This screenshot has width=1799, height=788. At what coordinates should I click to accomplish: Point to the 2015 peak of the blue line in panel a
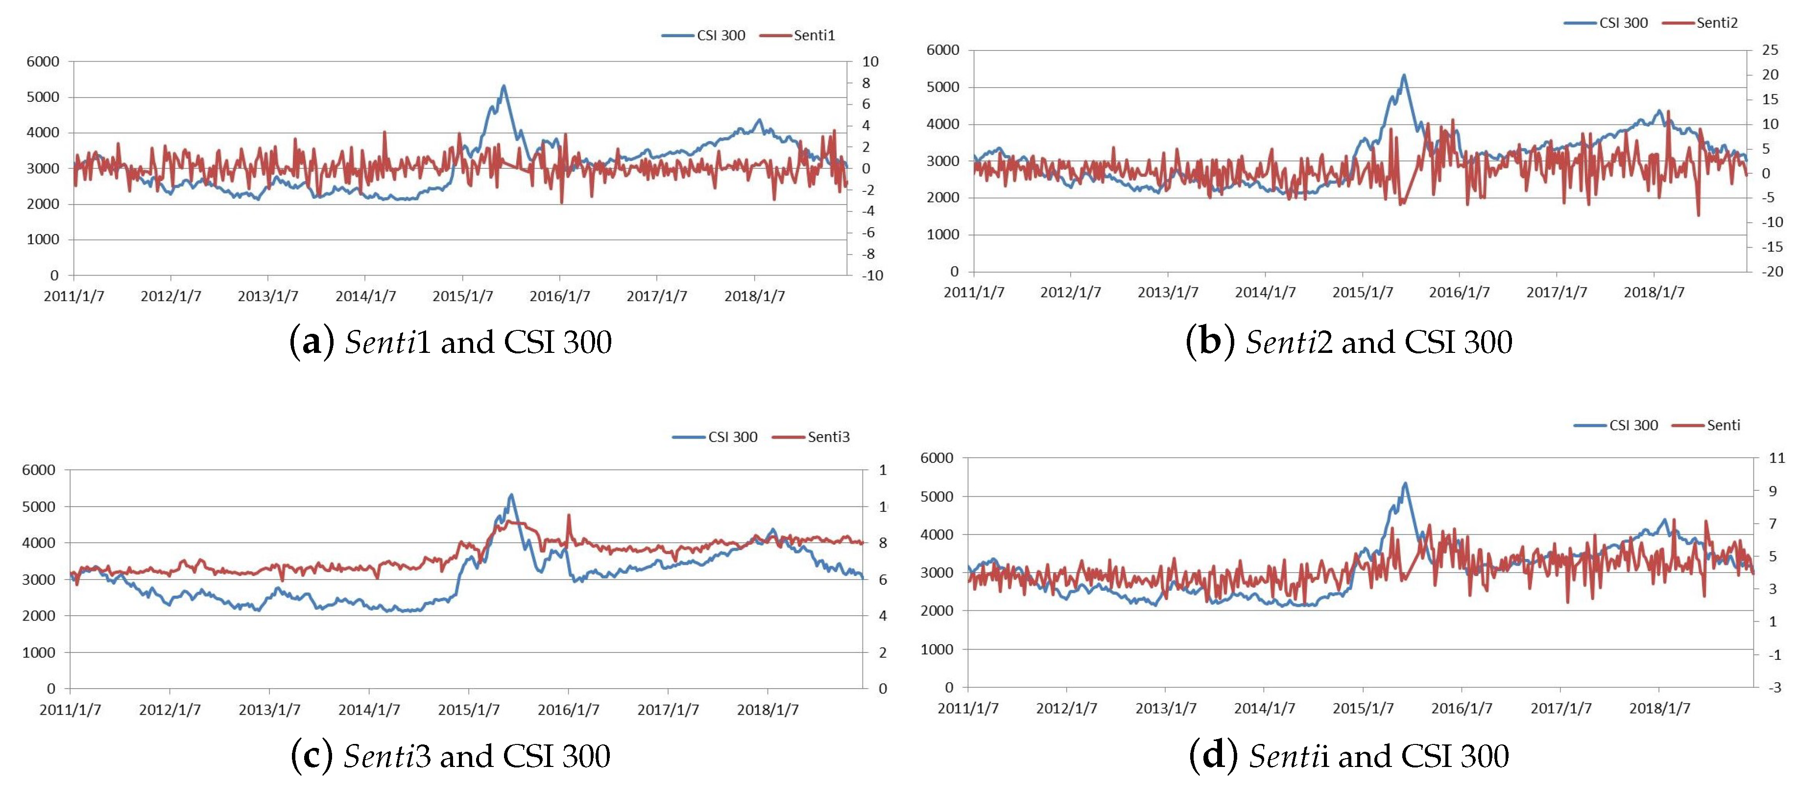[x=504, y=87]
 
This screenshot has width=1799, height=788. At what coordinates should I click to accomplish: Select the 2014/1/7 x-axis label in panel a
[x=365, y=296]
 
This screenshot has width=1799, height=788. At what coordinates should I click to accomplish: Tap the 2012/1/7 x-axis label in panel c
[x=169, y=710]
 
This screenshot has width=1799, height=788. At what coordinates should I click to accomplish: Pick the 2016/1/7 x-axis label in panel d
[x=1461, y=708]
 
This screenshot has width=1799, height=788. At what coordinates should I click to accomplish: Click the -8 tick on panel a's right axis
[x=867, y=254]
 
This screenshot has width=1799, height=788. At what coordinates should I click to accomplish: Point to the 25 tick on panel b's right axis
[x=1770, y=49]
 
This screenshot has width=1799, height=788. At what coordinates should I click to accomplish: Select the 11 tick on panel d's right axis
[x=1776, y=458]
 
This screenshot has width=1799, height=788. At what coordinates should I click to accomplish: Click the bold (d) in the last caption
[x=1213, y=756]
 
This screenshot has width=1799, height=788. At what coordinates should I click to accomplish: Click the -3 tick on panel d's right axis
[x=1774, y=688]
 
